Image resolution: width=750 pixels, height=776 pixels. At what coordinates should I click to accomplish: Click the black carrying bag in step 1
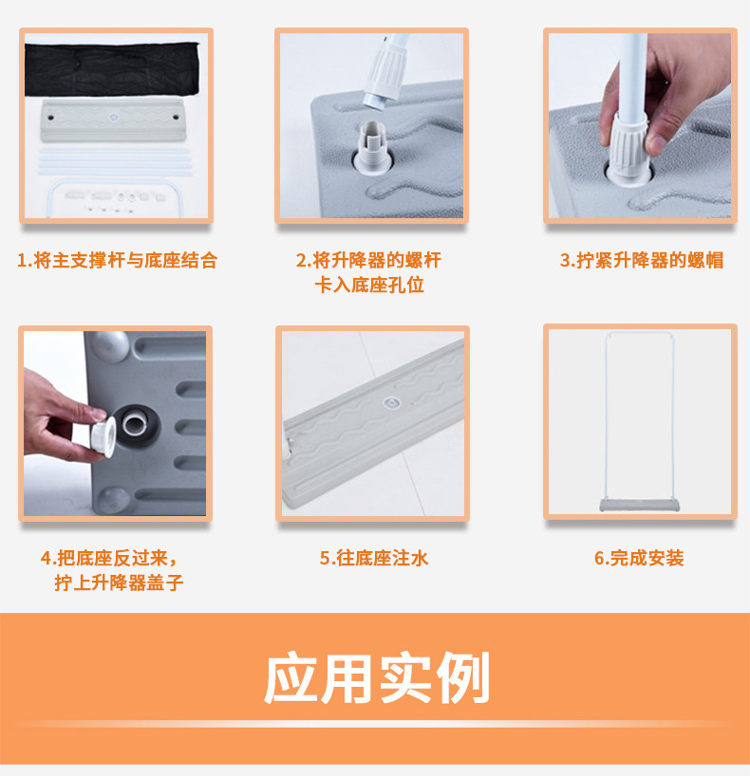(112, 69)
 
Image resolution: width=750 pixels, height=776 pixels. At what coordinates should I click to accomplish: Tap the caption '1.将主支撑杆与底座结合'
(118, 260)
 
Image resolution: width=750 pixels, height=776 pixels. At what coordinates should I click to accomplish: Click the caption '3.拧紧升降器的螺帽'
(642, 260)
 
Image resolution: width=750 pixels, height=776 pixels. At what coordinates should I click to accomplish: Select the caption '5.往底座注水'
(373, 558)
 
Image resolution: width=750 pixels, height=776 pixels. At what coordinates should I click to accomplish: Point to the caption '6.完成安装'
(639, 558)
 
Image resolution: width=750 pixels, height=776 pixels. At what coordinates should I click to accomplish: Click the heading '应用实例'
(377, 677)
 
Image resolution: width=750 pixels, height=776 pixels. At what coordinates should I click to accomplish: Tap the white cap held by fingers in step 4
(103, 436)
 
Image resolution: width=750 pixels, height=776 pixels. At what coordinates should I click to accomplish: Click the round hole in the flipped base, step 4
(136, 425)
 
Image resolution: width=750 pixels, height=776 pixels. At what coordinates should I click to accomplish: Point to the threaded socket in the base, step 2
(372, 148)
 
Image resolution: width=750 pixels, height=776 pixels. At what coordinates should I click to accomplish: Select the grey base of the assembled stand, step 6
(639, 506)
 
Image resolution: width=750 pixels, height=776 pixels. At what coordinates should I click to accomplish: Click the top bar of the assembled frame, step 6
(639, 333)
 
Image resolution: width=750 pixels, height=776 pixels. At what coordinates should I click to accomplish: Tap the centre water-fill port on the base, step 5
(392, 403)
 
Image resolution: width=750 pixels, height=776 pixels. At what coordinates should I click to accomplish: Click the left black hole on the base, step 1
(50, 118)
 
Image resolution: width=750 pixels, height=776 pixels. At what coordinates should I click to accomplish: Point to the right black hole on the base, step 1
(176, 118)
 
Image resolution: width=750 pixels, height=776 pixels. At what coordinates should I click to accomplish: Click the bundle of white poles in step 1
(116, 162)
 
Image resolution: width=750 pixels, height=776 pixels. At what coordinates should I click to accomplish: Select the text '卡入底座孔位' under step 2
(369, 285)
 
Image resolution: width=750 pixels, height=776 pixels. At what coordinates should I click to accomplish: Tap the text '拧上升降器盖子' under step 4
(119, 583)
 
